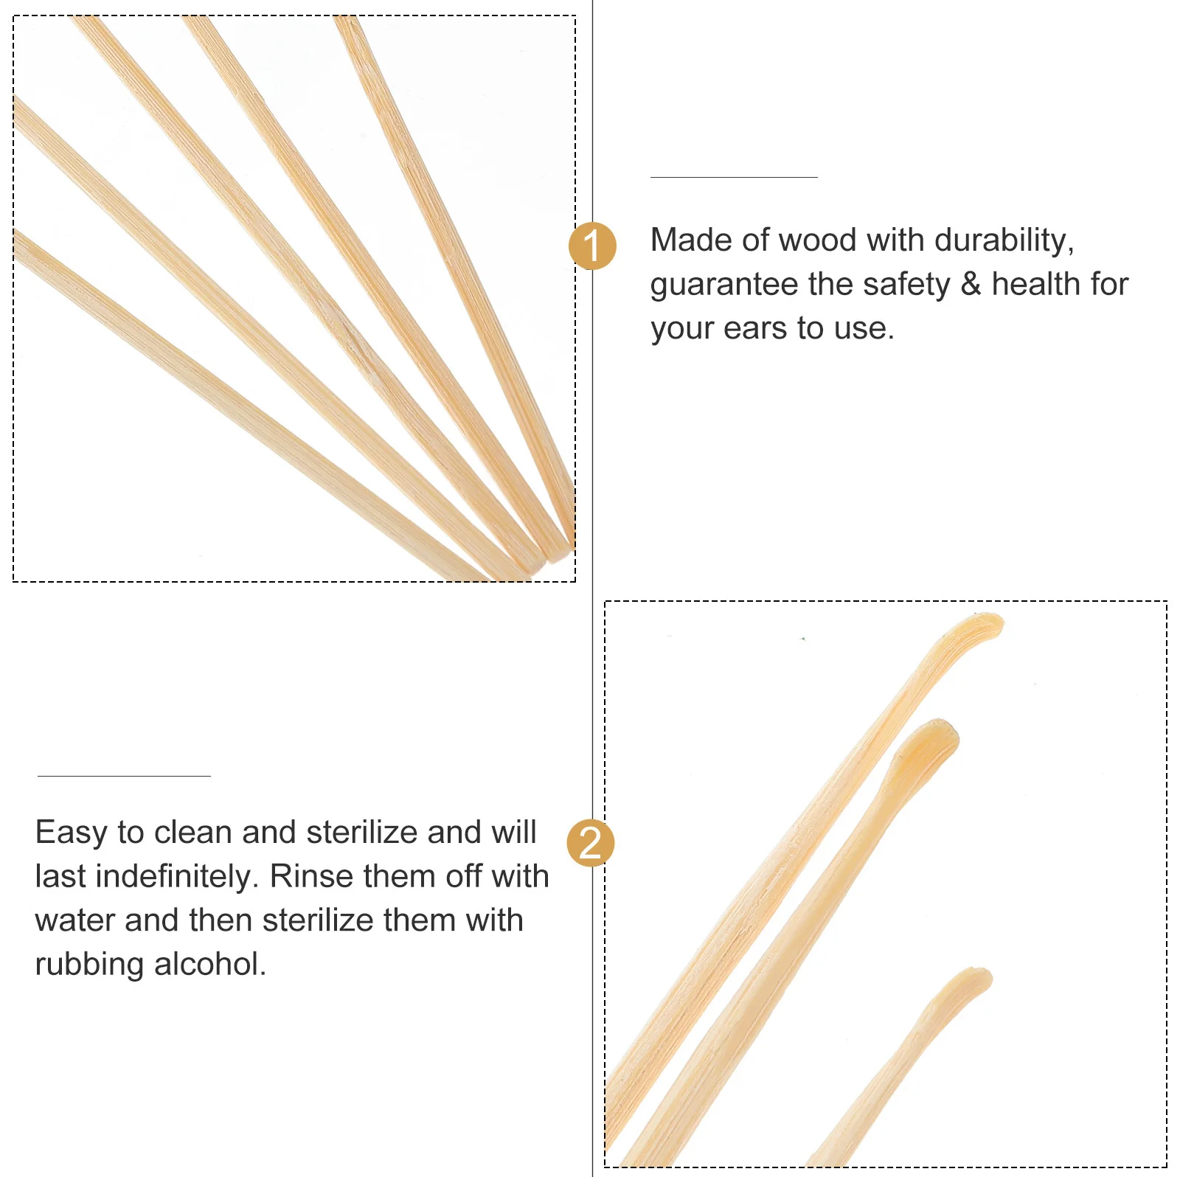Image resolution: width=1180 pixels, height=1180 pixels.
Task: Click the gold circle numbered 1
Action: (x=592, y=246)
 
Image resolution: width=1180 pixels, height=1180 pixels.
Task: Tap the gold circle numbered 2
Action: (x=590, y=842)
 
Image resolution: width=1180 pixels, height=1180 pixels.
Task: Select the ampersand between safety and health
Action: (x=971, y=284)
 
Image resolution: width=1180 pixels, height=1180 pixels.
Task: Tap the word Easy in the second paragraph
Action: (x=71, y=833)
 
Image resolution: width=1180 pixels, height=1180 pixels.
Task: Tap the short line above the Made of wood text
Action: (x=734, y=177)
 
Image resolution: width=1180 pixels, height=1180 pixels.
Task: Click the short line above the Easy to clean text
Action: (x=124, y=776)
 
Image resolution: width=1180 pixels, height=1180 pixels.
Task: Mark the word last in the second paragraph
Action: (x=60, y=877)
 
